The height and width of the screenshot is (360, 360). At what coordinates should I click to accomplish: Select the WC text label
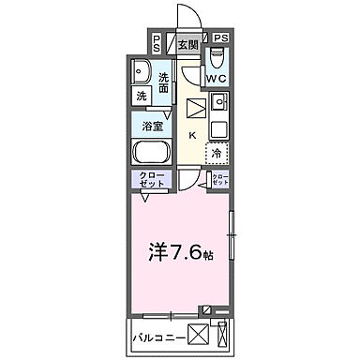217,79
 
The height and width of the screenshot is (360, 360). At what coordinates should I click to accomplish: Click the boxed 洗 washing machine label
142,97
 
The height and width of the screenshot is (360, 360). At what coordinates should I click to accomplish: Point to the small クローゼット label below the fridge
219,181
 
